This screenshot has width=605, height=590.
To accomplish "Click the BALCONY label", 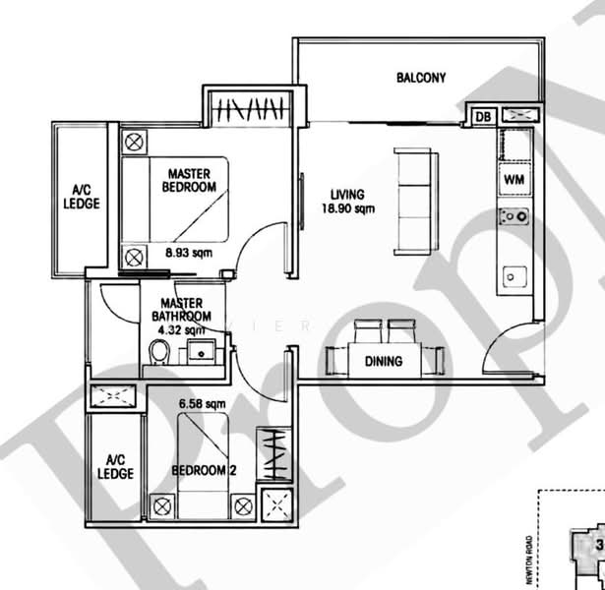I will coord(421,78).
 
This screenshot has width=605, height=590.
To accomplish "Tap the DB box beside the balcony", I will coord(482,117).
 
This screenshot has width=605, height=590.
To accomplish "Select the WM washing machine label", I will coord(513,180).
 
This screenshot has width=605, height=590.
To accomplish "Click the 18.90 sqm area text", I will coord(347,208).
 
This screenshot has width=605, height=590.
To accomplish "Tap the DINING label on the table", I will coord(384,361).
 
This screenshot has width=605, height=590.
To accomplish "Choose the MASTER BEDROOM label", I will coord(189,179).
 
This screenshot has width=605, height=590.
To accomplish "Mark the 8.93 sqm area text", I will coord(189,253).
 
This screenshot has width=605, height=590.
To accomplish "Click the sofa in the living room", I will coord(411,200).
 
